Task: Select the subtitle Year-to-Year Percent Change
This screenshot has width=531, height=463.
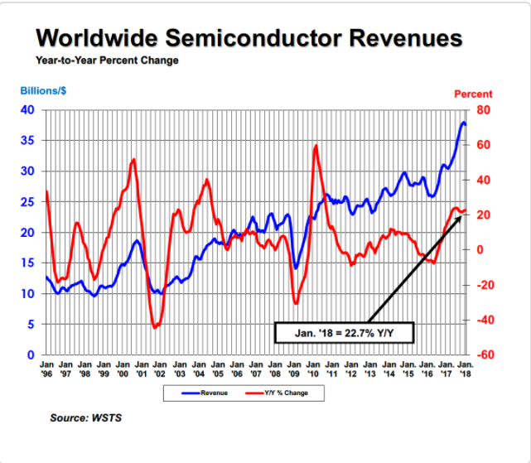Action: tap(107, 60)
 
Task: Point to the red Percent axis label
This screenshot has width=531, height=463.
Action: tap(473, 94)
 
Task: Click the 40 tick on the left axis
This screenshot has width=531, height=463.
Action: tap(27, 110)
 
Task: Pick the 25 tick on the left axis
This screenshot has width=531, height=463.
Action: tap(27, 202)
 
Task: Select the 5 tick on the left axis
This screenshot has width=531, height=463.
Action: tap(31, 325)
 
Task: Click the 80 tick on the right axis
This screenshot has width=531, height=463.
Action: tap(482, 110)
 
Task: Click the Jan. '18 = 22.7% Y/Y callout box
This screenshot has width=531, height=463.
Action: tap(344, 333)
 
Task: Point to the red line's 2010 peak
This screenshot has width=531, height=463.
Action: tap(316, 146)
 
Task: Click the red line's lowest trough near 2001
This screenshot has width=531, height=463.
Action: tap(155, 328)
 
